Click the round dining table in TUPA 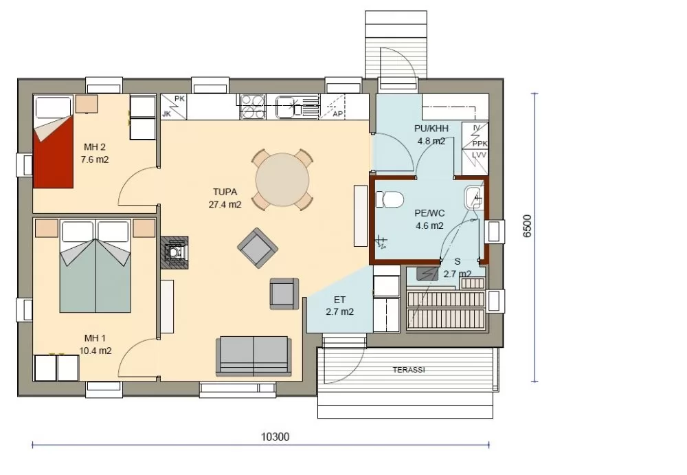coord(282,180)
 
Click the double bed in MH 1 coord(95,266)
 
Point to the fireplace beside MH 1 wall coord(174,253)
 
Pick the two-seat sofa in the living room coord(254,356)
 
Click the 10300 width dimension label coord(275,437)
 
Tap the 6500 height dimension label coord(527,226)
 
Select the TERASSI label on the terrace coord(409,370)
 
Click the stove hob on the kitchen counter coord(253,107)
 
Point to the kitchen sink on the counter coord(287,107)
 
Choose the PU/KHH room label coord(431,129)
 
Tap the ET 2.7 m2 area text coord(339,306)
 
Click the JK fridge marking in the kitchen coord(166,114)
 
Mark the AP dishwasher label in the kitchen coord(337,114)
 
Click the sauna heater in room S coord(427,274)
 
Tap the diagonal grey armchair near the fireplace coord(258,248)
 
